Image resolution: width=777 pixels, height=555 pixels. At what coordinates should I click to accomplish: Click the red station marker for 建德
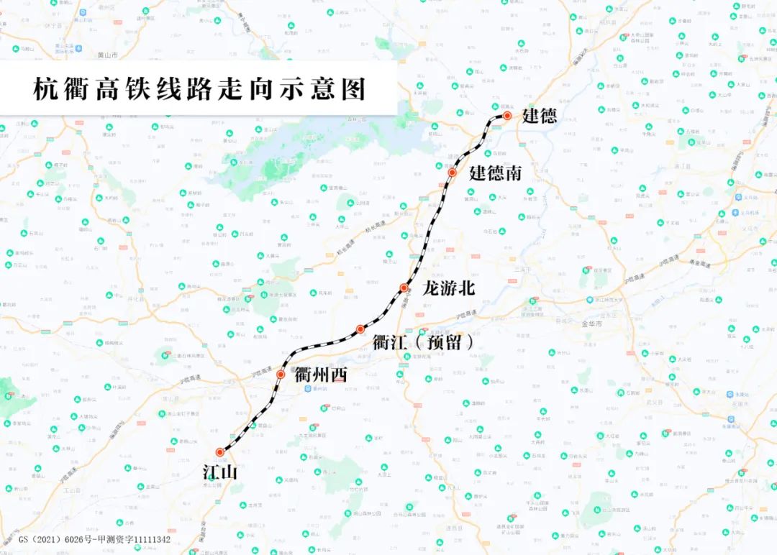pos(507,116)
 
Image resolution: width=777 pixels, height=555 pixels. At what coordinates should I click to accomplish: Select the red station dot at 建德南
pos(453,173)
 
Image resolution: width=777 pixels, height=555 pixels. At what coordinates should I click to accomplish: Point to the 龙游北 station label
pos(450,288)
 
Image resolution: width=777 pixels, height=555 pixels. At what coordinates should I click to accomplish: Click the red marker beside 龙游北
pos(404,288)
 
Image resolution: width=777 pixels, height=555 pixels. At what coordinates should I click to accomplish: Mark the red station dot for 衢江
pos(360,329)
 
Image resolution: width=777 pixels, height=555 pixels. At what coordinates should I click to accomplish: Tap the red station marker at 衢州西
pos(281,375)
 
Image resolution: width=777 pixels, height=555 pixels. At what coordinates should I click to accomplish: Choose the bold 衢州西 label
pos(321,375)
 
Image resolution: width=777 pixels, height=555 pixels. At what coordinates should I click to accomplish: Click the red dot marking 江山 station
pos(220,452)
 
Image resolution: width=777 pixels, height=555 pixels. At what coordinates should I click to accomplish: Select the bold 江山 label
pos(219,472)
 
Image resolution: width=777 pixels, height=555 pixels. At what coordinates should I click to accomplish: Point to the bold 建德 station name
pos(540,116)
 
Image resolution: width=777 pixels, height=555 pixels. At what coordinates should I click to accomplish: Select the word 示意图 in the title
pos(330,89)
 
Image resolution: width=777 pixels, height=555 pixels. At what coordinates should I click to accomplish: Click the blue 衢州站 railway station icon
pos(308,389)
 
